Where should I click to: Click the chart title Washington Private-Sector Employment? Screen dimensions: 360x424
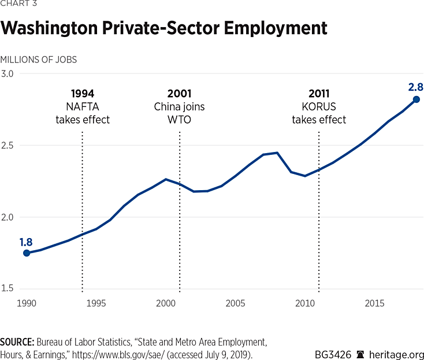164,28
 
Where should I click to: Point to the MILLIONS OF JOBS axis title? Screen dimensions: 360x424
39,60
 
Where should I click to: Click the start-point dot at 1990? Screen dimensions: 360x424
26,253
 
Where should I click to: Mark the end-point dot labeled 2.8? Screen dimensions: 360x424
416,99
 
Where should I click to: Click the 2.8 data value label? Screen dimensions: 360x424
416,88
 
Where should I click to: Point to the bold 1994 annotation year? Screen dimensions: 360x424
83,94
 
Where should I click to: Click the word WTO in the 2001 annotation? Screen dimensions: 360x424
179,120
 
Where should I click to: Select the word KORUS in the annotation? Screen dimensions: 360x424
319,107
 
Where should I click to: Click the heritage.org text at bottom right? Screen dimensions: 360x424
398,354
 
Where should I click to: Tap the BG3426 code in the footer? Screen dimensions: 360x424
334,354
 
